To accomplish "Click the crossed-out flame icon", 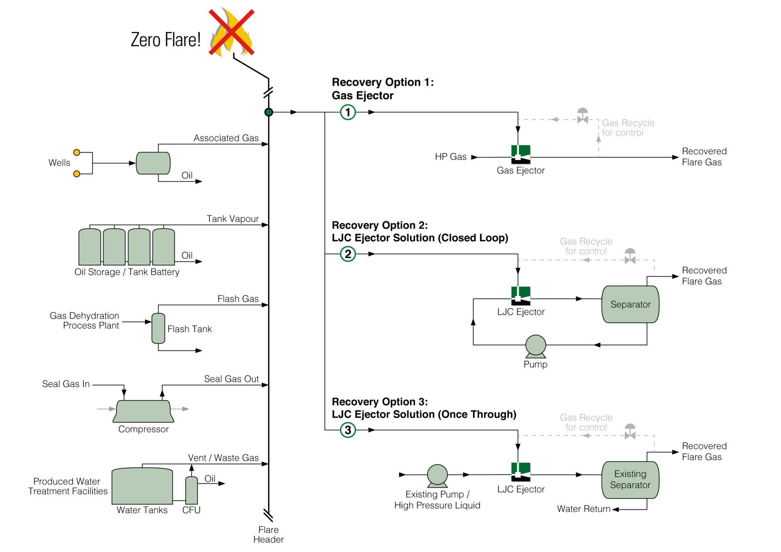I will (231, 32).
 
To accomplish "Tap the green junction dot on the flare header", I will (268, 112).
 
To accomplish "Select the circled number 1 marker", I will (348, 112).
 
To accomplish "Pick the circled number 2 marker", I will (348, 254).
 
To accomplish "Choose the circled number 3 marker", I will (348, 430).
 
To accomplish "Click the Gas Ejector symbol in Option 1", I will (521, 154).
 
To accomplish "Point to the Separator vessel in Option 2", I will (630, 304).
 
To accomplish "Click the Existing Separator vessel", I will (630, 480).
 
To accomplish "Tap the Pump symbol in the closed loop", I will (535, 346).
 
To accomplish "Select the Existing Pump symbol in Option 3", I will (437, 475).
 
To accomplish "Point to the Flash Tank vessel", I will (158, 328).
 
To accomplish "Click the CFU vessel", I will (191, 490).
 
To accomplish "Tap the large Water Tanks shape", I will (142, 486).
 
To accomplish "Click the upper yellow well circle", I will (77, 152).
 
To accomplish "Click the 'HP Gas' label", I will (450, 157).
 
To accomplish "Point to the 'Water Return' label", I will (583, 509).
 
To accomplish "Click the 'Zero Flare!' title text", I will (166, 40).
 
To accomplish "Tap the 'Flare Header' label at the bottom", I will (268, 534).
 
